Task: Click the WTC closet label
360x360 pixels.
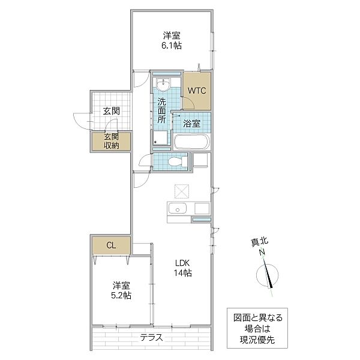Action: (197, 91)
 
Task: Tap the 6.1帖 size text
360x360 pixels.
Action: (172, 46)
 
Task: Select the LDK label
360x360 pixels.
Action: (182, 263)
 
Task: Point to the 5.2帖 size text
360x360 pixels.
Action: (121, 295)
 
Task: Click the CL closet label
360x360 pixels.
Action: (111, 245)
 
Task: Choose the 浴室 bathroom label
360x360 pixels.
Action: (192, 124)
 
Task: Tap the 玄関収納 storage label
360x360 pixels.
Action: (112, 141)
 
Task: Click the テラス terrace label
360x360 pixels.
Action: (152, 337)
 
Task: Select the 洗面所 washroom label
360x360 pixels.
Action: (161, 110)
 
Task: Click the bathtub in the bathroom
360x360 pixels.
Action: (192, 142)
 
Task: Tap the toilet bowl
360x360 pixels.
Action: (178, 161)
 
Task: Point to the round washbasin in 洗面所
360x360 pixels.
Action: (163, 84)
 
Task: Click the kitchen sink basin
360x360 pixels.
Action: (177, 208)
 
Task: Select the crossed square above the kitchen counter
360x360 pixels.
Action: (182, 191)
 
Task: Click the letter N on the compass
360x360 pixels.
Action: (262, 253)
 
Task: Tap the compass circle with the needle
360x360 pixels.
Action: (267, 275)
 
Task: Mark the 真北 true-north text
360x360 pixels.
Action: (259, 242)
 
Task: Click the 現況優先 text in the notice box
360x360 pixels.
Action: (257, 340)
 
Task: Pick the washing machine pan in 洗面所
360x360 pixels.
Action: (160, 137)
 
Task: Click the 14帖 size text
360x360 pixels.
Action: (183, 273)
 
